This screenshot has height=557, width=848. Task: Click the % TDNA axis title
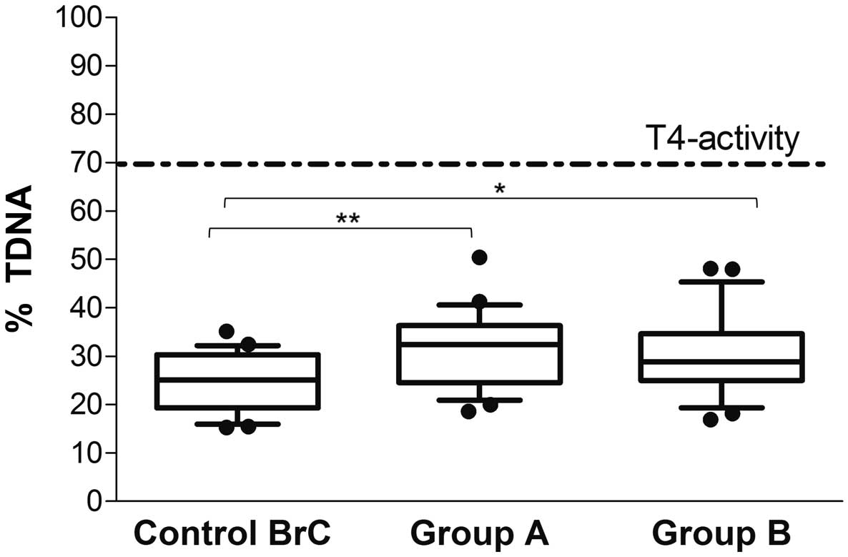tap(23, 258)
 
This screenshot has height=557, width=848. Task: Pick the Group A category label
tap(479, 533)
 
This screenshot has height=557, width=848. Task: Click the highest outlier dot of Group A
tap(479, 257)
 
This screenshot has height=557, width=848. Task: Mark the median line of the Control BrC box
tap(237, 380)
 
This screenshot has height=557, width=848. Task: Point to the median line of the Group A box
tap(480, 344)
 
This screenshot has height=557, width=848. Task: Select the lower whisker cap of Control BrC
tap(237, 424)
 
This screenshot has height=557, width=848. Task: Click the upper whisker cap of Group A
tap(480, 305)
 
